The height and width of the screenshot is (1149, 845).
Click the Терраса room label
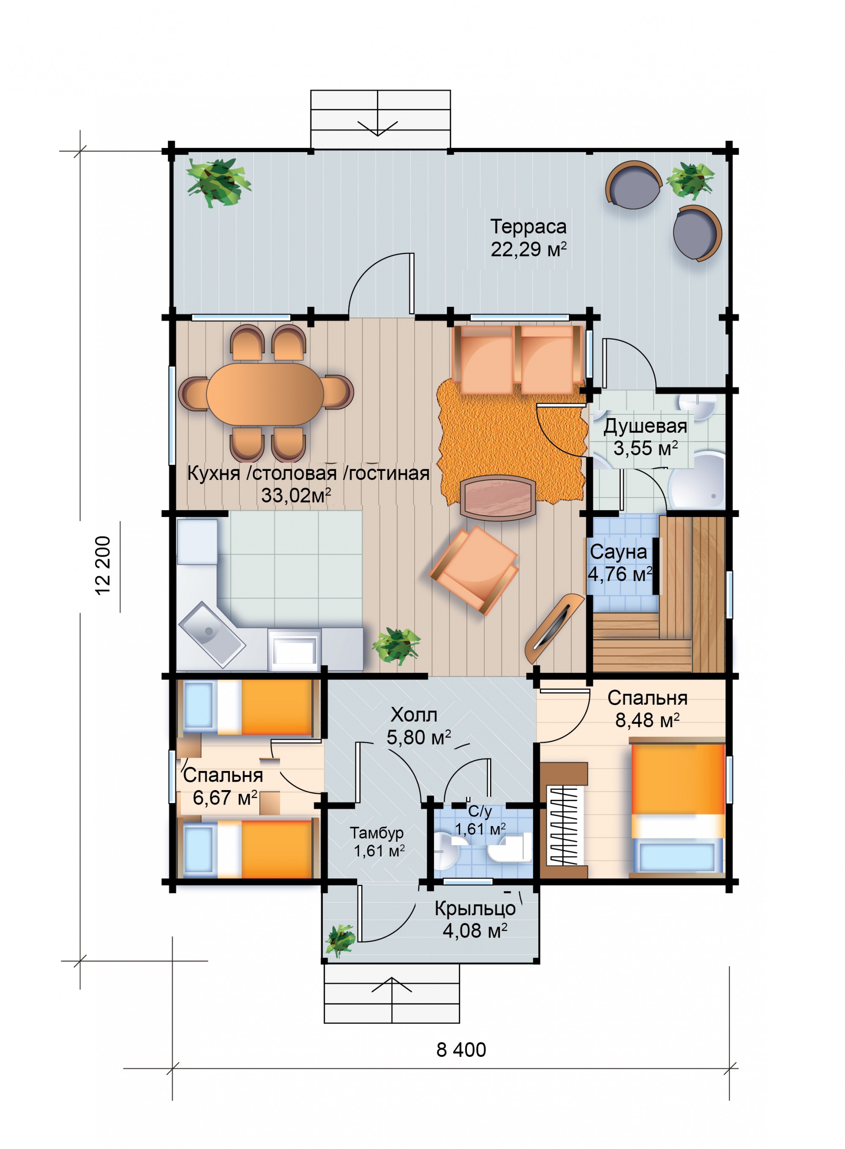529,226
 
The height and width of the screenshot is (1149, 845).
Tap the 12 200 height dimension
103,565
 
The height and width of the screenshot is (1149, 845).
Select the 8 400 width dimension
461,1050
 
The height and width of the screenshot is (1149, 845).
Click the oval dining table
265,394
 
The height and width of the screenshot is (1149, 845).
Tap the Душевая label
645,426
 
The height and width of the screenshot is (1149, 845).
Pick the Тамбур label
376,833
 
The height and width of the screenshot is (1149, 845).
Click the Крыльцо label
475,908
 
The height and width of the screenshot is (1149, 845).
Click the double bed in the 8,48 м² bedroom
677,807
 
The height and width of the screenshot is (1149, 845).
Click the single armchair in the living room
474,569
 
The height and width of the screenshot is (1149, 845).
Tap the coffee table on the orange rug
498,498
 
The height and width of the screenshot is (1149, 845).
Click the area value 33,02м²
296,495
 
